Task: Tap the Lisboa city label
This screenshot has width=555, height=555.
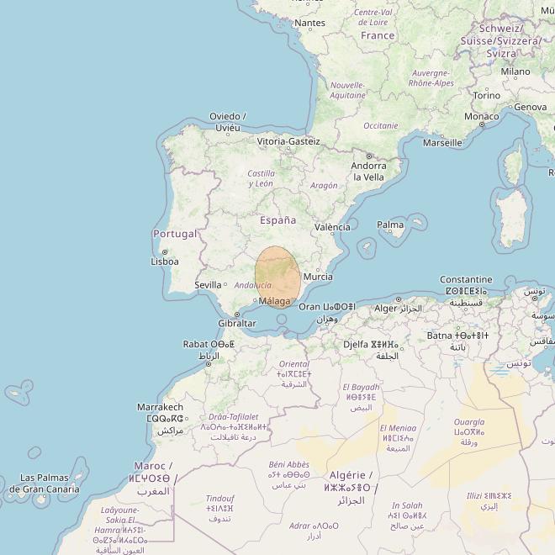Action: [x=165, y=262]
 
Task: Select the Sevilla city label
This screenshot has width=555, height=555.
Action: [x=208, y=285]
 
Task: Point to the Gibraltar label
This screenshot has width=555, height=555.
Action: [x=236, y=323]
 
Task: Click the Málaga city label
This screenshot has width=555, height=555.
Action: [x=275, y=301]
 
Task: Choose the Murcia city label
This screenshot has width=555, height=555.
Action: [x=317, y=277]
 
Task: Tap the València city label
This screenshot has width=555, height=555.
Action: [x=332, y=228]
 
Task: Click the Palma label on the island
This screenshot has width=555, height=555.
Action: [x=390, y=225]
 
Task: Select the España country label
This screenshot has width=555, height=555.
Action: [x=277, y=220]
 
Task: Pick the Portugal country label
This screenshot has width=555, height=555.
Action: [x=175, y=234]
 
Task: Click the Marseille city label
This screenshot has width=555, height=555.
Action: [x=442, y=143]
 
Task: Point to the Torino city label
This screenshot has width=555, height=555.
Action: [x=486, y=96]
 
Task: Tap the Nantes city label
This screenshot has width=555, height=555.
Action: [x=309, y=23]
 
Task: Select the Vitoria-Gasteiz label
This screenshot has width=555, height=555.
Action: [x=288, y=141]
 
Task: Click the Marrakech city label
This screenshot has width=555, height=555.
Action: [x=160, y=407]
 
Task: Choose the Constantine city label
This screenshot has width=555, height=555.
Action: [x=466, y=279]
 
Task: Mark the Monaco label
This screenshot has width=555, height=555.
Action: [x=482, y=116]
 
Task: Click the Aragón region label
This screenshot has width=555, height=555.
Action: [x=324, y=186]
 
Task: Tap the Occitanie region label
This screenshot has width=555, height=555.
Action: [x=380, y=125]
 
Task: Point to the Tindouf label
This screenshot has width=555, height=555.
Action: [x=220, y=498]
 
